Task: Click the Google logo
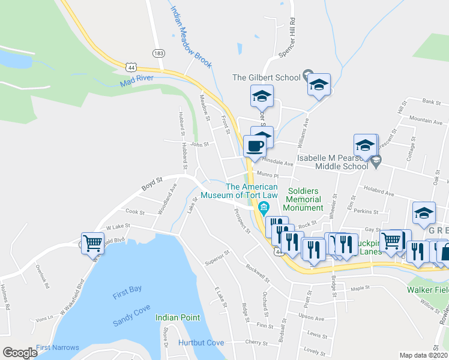pos(20,353)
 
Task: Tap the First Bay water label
pos(127,289)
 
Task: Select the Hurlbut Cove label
pos(201,343)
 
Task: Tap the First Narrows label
pos(58,347)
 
